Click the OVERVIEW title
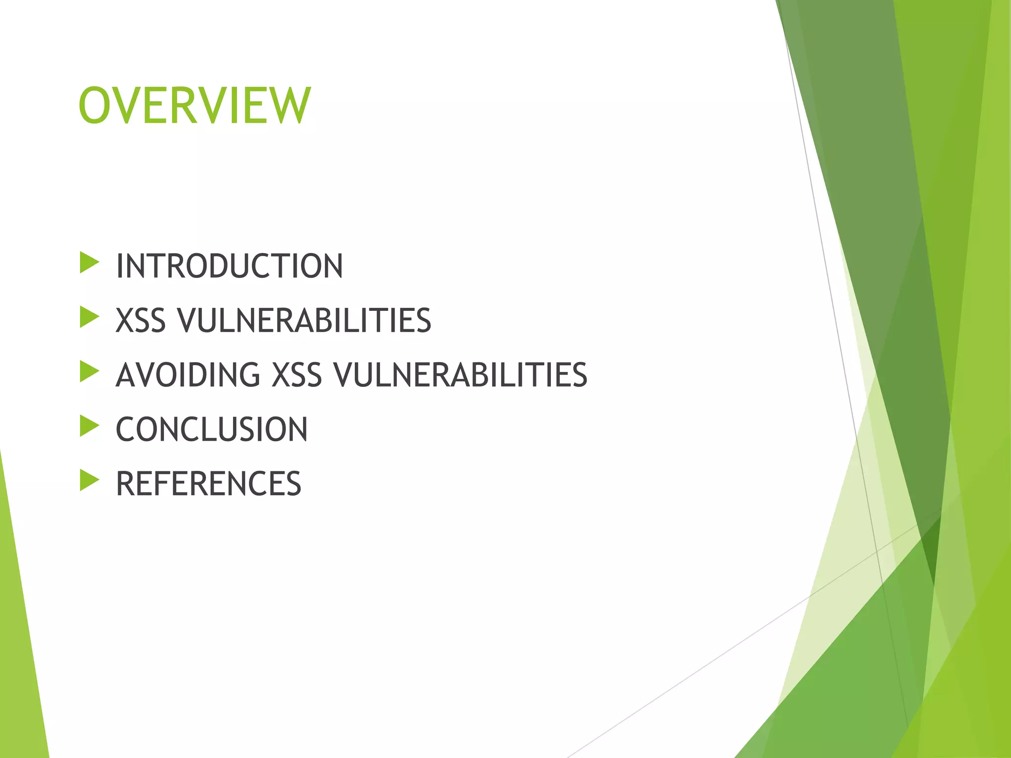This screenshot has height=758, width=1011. pyautogui.click(x=194, y=106)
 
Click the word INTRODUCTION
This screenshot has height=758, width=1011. pyautogui.click(x=229, y=266)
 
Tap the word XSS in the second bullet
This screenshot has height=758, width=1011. pyautogui.click(x=140, y=321)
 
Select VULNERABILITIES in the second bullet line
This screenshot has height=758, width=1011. pyautogui.click(x=304, y=321)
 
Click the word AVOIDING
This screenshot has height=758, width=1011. pyautogui.click(x=188, y=375)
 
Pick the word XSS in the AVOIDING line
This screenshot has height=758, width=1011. pyautogui.click(x=297, y=375)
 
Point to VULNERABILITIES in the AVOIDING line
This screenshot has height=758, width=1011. pyautogui.click(x=460, y=375)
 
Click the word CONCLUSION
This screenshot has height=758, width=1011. pyautogui.click(x=211, y=429)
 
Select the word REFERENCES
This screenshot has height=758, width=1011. pyautogui.click(x=208, y=484)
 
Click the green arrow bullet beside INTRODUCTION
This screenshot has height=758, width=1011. pyautogui.click(x=89, y=263)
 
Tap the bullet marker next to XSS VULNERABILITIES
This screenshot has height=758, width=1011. pyautogui.click(x=89, y=317)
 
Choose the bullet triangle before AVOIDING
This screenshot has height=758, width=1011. pyautogui.click(x=89, y=371)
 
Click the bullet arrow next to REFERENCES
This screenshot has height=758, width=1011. pyautogui.click(x=89, y=480)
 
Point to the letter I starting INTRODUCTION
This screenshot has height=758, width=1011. pyautogui.click(x=119, y=266)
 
